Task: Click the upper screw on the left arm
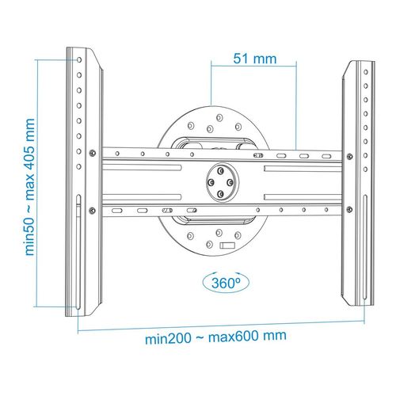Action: pos(94,151)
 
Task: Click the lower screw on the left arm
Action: pos(94,210)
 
